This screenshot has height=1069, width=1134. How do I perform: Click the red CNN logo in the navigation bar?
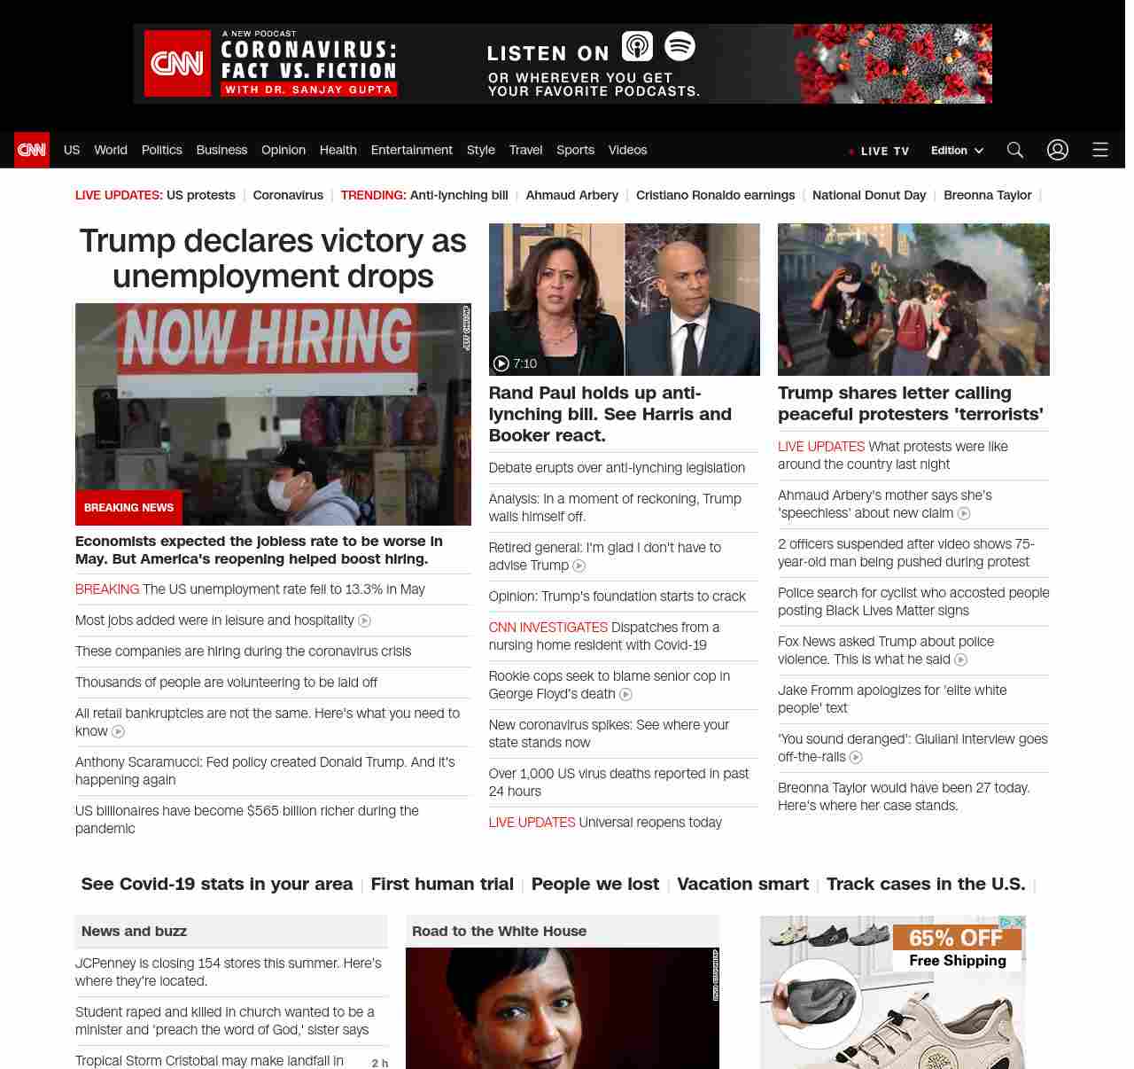(x=32, y=150)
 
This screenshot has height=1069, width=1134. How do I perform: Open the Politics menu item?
(x=161, y=150)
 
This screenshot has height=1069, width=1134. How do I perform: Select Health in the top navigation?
(x=338, y=150)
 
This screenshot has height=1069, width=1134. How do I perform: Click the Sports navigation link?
(x=575, y=150)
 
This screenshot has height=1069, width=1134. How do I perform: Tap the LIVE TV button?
(x=879, y=151)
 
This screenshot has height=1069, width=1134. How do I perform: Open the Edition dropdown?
(x=957, y=151)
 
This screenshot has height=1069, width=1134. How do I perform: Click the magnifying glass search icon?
(x=1014, y=150)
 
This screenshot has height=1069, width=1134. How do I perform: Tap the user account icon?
(x=1057, y=150)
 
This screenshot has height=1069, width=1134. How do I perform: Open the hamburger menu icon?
(x=1099, y=150)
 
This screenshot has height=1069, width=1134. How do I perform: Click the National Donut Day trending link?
(x=868, y=195)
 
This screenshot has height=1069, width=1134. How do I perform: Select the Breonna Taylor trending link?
(x=987, y=195)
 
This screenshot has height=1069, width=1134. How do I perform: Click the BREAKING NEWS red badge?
(x=128, y=508)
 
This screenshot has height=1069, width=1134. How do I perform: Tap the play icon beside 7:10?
(x=501, y=363)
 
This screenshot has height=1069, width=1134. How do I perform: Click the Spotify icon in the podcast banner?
(x=680, y=46)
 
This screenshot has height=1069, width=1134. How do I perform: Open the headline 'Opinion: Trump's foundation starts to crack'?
(x=617, y=597)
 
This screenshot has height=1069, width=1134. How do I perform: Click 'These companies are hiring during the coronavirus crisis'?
(x=243, y=652)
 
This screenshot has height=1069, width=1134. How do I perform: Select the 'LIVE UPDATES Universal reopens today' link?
(x=605, y=823)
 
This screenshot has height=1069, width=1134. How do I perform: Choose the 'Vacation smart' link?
(x=742, y=884)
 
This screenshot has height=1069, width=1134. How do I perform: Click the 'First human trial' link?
(x=442, y=884)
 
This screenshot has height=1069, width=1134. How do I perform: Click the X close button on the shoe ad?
(x=1019, y=923)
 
